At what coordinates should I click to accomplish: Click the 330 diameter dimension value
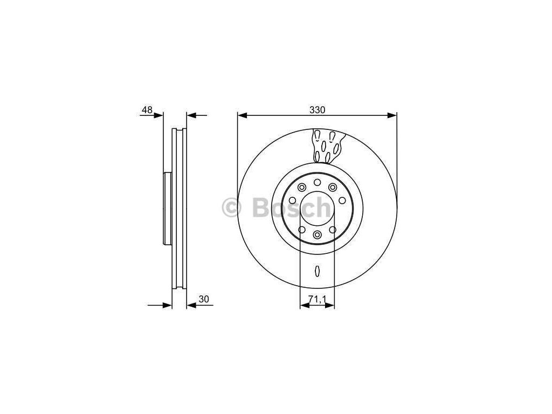317,110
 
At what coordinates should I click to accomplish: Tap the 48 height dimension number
147,110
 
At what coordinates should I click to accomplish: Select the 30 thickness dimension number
204,299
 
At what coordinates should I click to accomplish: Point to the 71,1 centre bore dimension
317,299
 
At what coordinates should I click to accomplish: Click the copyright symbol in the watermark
232,208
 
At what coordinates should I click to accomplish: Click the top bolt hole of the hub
317,182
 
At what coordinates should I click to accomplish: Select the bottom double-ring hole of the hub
317,234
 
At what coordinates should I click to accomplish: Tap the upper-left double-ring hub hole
302,187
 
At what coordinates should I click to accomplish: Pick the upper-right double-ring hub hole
333,187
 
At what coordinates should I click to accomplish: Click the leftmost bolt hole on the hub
292,201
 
